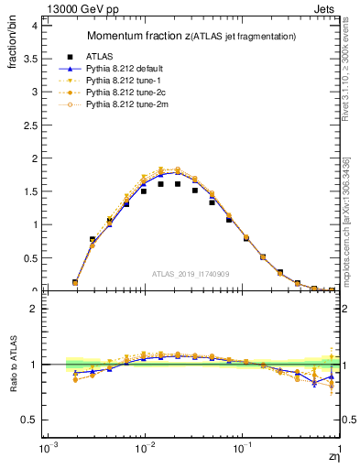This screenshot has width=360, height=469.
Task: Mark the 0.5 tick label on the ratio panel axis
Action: pyautogui.click(x=27, y=420)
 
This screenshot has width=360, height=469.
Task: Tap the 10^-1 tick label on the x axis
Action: pyautogui.click(x=242, y=449)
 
